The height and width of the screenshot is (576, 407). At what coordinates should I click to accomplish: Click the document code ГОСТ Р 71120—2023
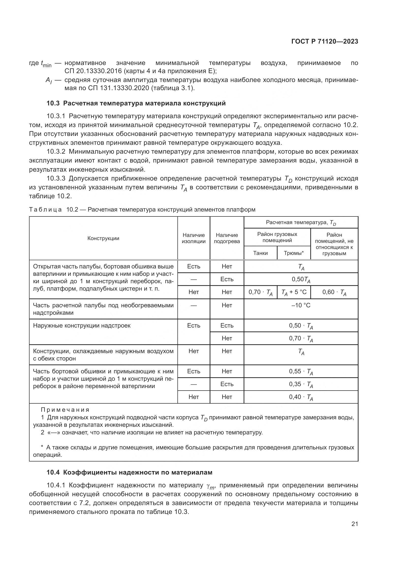[325, 42]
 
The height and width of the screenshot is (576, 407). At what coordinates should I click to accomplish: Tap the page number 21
[355, 524]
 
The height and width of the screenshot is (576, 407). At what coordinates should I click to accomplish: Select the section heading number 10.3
[53, 103]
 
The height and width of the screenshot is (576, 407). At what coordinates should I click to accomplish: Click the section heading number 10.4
[53, 472]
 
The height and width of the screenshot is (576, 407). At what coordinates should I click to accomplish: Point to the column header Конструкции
[103, 238]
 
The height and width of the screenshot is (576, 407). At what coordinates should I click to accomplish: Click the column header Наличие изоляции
[193, 238]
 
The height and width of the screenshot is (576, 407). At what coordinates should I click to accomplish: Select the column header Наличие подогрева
[227, 238]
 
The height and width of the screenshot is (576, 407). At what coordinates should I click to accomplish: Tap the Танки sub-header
[260, 253]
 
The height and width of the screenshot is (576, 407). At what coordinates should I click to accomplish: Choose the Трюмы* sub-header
[294, 253]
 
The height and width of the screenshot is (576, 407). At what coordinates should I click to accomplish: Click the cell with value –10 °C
[301, 305]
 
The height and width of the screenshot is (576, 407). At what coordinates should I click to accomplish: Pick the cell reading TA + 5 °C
[294, 292]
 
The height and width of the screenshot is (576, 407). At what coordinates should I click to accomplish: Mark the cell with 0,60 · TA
[334, 292]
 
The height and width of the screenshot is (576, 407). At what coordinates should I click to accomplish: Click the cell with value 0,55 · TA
[301, 372]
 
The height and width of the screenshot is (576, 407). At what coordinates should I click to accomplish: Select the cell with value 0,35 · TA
[301, 384]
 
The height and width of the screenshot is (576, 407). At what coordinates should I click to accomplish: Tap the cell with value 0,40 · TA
[301, 397]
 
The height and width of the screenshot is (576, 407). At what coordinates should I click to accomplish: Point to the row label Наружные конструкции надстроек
[82, 326]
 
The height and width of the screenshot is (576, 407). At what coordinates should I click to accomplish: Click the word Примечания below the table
[65, 410]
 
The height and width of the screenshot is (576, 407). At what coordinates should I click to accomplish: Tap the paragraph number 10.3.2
[56, 152]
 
